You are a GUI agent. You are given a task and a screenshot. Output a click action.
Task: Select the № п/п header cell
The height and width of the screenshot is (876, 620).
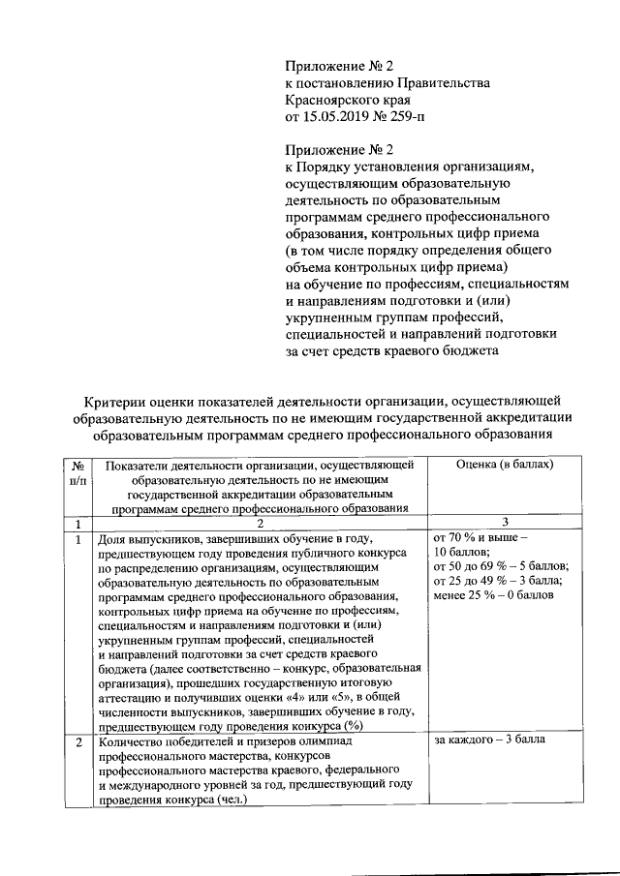point(77,472)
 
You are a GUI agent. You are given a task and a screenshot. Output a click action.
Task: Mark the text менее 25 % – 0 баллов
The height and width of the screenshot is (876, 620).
point(493,594)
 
